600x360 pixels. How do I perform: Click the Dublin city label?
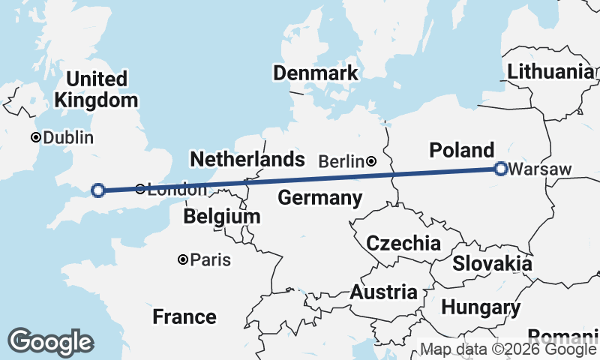click(68, 138)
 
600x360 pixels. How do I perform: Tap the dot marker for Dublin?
click(35, 138)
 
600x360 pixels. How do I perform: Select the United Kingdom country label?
click(96, 89)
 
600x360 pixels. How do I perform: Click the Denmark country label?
click(315, 73)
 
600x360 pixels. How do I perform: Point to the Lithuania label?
click(550, 72)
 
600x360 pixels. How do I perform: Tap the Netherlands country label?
click(247, 159)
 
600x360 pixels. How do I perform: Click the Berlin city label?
click(342, 161)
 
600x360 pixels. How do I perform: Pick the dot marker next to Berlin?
click(371, 161)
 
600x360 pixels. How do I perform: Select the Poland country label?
click(462, 149)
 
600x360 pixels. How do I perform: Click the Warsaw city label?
click(539, 169)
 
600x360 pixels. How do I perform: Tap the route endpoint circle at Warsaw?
click(501, 169)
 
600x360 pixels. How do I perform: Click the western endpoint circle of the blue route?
click(97, 190)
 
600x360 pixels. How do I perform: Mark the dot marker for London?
click(140, 189)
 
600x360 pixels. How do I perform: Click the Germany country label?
click(319, 198)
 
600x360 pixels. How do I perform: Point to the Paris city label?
click(211, 260)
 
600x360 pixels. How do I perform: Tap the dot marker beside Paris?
click(182, 259)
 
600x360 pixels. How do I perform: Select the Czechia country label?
click(403, 243)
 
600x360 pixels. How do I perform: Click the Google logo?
click(50, 342)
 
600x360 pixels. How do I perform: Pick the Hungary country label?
click(481, 307)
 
